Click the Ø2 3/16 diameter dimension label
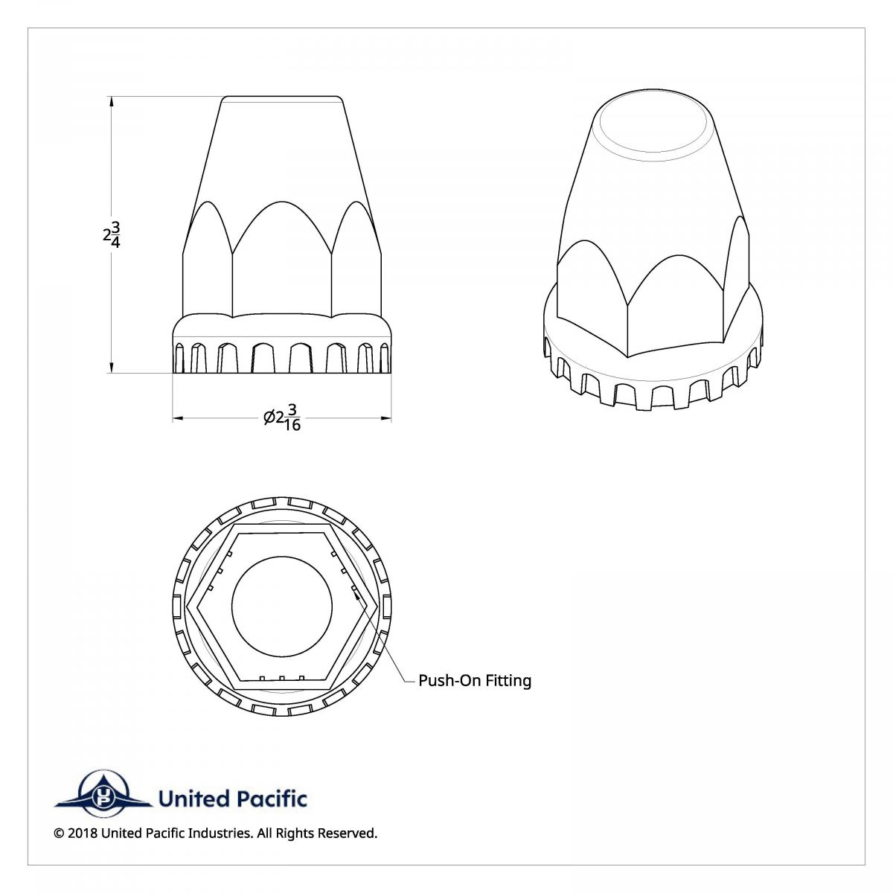click(283, 418)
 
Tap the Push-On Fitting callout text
click(475, 680)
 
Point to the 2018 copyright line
click(216, 833)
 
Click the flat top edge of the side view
click(282, 97)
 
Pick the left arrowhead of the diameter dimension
click(178, 418)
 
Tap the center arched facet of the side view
click(282, 257)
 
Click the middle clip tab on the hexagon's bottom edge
click(282, 678)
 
